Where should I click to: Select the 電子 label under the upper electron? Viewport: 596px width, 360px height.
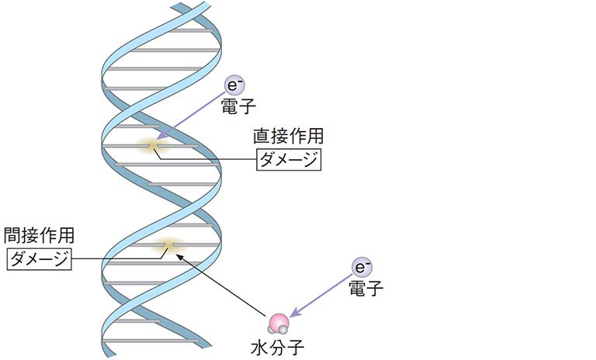pyautogui.click(x=234, y=106)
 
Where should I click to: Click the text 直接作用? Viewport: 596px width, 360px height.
pyautogui.click(x=288, y=136)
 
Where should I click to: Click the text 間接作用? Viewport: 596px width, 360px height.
pyautogui.click(x=40, y=235)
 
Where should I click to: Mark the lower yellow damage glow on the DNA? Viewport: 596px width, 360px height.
pyautogui.click(x=168, y=246)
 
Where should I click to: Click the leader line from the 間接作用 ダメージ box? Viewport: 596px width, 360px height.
pyautogui.click(x=116, y=258)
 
